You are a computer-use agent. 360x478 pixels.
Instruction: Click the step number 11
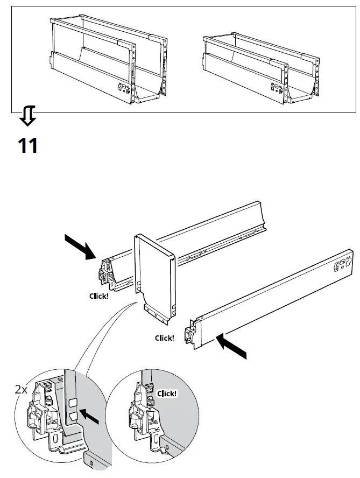(28, 145)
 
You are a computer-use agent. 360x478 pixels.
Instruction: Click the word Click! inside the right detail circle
(167, 393)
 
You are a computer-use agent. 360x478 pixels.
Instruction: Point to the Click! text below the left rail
(98, 296)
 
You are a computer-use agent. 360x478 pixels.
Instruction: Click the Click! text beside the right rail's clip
(164, 338)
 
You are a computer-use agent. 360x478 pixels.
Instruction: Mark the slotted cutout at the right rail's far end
(341, 264)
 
